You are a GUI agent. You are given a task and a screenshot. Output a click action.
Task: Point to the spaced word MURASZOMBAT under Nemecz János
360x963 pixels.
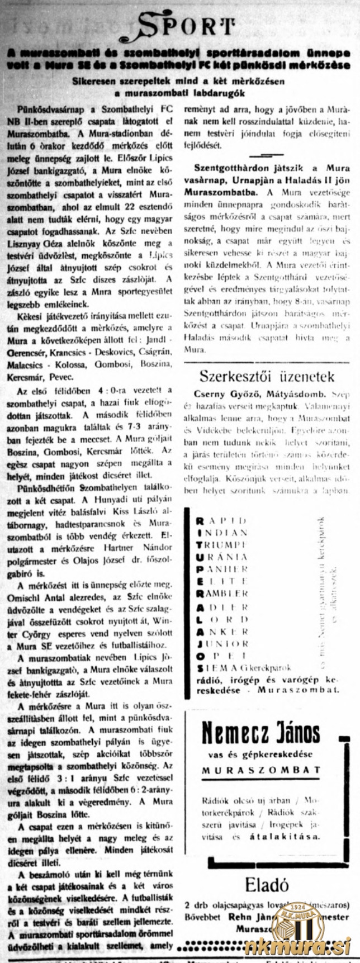pos(261,770)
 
